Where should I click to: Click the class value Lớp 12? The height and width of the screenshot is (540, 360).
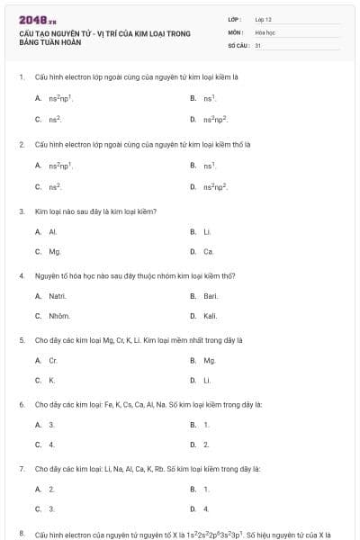(x=264, y=19)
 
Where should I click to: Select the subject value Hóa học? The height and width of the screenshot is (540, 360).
(x=265, y=31)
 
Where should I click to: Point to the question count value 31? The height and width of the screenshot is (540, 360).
(x=258, y=44)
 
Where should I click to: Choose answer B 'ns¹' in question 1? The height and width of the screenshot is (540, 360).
(x=210, y=97)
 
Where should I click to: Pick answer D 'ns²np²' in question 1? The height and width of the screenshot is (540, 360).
(x=215, y=119)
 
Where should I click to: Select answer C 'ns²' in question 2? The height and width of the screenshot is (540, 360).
(x=55, y=186)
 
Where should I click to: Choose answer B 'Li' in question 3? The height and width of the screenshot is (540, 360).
(x=207, y=231)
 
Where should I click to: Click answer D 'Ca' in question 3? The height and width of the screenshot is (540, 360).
(x=209, y=252)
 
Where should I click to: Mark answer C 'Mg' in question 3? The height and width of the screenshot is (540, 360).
(x=55, y=252)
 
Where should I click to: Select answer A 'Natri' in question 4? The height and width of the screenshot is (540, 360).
(x=58, y=295)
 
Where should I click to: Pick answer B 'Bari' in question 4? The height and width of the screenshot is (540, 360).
(x=211, y=295)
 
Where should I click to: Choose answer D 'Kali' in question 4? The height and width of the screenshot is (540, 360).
(x=211, y=316)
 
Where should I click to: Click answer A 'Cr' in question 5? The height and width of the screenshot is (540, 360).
(x=53, y=360)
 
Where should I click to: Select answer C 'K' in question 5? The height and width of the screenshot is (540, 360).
(x=52, y=381)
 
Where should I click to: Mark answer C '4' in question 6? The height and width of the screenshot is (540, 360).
(x=52, y=445)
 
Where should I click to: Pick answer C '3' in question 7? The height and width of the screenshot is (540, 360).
(x=52, y=508)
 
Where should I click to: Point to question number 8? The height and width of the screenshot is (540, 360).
(x=21, y=534)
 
